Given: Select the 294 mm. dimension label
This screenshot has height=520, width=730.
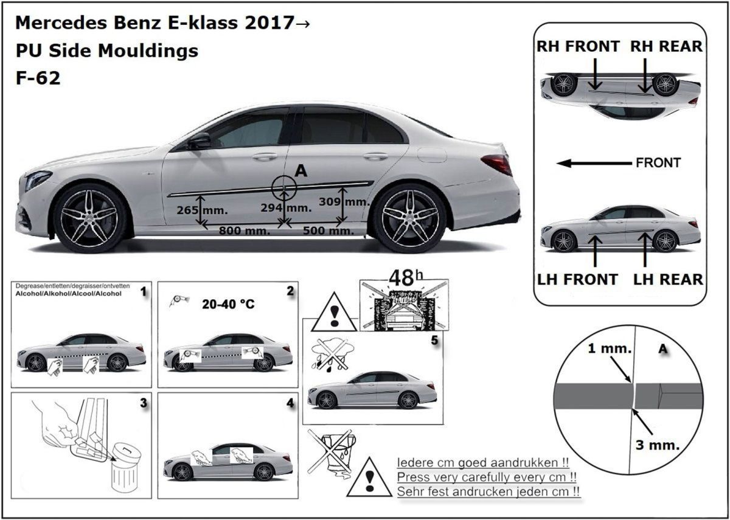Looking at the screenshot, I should click(287, 208).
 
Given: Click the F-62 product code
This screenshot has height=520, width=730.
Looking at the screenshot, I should click(38, 78).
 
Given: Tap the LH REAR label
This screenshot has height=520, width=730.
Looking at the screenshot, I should click(668, 279).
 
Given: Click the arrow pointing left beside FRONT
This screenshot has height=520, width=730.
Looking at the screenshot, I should click(594, 163).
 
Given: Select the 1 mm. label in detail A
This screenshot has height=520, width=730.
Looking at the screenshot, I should click(610, 350).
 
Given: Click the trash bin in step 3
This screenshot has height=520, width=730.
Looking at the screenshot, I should click(126, 467).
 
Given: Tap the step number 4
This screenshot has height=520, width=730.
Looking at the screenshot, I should click(290, 403).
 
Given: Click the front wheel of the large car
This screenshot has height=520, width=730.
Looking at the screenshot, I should click(90, 217).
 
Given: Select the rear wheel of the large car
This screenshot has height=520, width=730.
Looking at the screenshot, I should click(409, 217).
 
